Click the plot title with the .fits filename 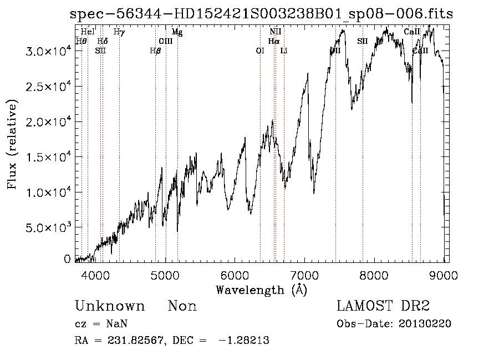pyautogui.click(x=261, y=15)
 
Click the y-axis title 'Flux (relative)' pyautogui.click(x=12, y=144)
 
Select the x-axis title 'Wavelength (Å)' pyautogui.click(x=261, y=290)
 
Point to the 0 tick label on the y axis pyautogui.click(x=67, y=259)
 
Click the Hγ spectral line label pyautogui.click(x=119, y=32)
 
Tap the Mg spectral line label pyautogui.click(x=177, y=32)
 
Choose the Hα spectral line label pyautogui.click(x=273, y=41)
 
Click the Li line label pyautogui.click(x=284, y=50)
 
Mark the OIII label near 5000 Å pyautogui.click(x=166, y=41)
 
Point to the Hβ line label pyautogui.click(x=155, y=50)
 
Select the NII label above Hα pyautogui.click(x=276, y=32)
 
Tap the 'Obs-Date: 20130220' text pyautogui.click(x=393, y=324)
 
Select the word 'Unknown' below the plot pyautogui.click(x=110, y=306)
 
